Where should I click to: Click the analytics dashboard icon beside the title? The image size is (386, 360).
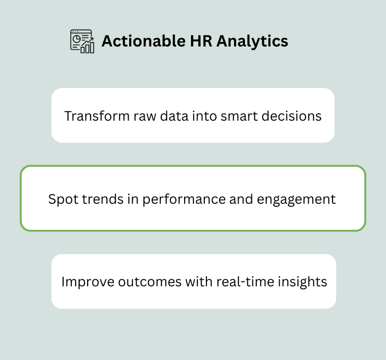82,41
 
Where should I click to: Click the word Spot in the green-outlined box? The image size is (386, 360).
61,199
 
